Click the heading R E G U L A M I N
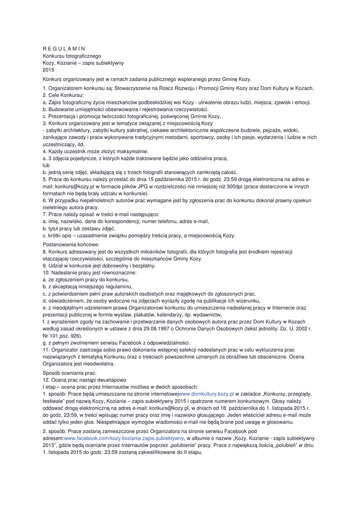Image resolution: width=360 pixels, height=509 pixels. click(x=64, y=48)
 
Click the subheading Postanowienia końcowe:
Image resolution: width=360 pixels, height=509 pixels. click(x=71, y=245)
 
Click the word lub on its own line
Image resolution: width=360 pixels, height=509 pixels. click(x=46, y=165)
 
